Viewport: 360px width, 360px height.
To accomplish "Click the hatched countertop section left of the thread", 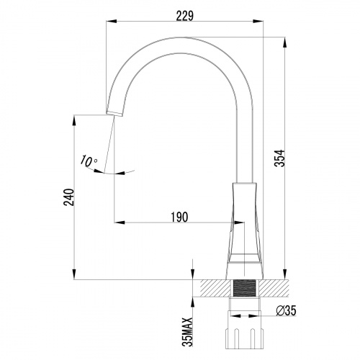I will tap(215, 287).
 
